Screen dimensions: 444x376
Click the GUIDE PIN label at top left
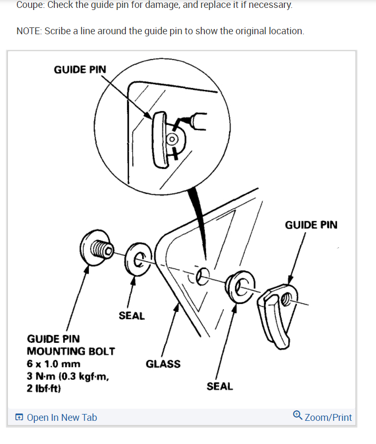80,70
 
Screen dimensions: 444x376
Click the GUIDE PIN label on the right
311,225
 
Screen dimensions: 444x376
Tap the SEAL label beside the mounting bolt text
132,315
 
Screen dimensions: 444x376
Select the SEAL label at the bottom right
220,386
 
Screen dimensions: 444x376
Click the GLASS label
163,363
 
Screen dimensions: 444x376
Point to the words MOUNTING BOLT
71,351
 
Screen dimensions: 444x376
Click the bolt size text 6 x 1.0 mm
54,364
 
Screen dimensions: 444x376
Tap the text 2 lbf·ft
44,389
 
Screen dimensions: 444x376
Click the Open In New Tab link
62,417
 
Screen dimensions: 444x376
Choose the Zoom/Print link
328,417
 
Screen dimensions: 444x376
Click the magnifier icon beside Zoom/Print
298,416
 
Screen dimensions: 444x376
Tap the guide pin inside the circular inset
159,140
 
